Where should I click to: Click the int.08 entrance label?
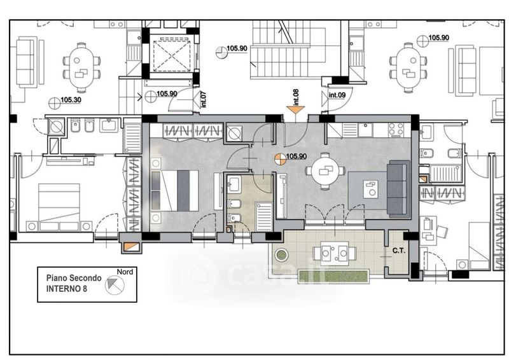point(296,97)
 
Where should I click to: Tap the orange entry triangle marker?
point(295,110)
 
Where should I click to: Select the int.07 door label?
point(204,99)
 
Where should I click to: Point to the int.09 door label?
point(337,95)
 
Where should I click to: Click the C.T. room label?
point(399,251)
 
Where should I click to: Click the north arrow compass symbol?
point(115,285)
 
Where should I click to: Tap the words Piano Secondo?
point(74,278)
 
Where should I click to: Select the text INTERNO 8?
point(67,289)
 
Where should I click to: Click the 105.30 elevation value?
point(71,100)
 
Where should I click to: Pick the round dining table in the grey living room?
point(325,170)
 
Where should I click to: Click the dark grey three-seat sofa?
point(397,189)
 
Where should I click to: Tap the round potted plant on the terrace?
point(281,255)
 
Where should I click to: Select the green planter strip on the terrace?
point(333,277)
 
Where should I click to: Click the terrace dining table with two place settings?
point(335,253)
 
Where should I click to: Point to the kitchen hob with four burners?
point(396,129)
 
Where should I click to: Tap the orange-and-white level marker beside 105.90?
point(280,159)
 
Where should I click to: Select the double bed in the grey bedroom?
point(174,191)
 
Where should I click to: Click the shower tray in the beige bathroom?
point(264,216)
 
